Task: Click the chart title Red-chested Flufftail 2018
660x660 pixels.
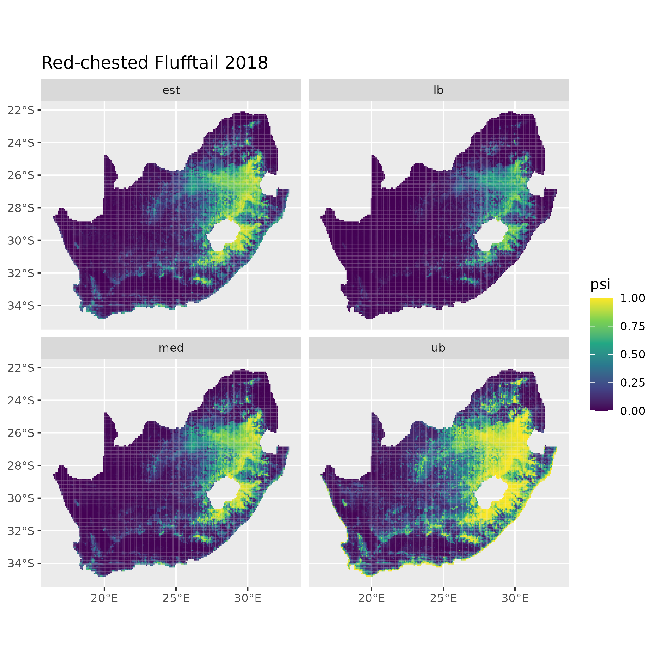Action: (x=154, y=63)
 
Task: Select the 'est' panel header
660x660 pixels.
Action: (x=171, y=90)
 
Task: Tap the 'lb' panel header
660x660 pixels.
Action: (x=438, y=90)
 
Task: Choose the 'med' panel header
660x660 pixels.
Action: (x=171, y=348)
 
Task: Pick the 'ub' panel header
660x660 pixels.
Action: (x=438, y=348)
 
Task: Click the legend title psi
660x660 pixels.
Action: (x=600, y=284)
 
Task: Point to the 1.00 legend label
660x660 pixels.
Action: (x=633, y=298)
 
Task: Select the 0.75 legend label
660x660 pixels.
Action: (x=633, y=326)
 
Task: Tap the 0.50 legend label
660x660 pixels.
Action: (x=633, y=354)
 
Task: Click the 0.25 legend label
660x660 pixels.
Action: (x=633, y=382)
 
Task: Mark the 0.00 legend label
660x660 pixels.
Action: (x=633, y=411)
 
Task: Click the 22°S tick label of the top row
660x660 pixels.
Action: (x=21, y=110)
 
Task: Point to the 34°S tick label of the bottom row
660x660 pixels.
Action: (x=21, y=563)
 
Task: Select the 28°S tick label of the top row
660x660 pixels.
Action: (x=21, y=208)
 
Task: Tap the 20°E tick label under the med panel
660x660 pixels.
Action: (x=104, y=598)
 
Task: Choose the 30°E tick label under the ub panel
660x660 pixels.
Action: (x=515, y=598)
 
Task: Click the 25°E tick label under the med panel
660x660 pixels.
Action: (x=176, y=598)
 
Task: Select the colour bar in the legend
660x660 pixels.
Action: (x=601, y=354)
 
